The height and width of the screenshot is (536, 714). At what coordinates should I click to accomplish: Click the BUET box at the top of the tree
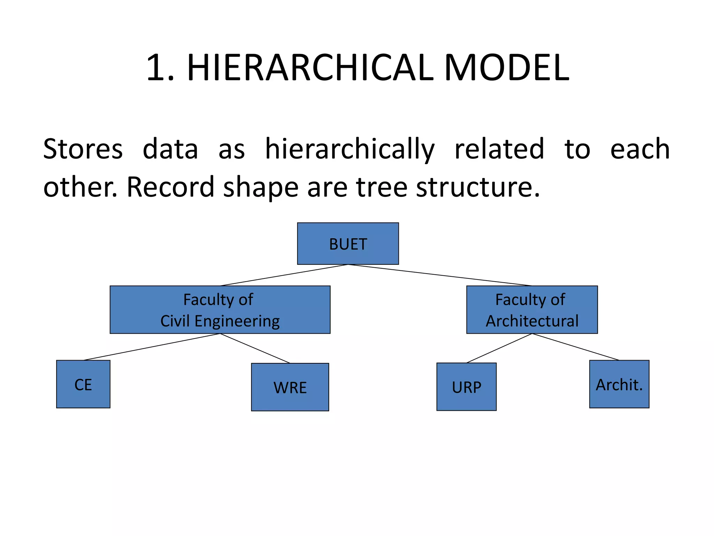[348, 244]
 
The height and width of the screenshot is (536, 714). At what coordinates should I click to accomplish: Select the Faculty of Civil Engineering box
[220, 310]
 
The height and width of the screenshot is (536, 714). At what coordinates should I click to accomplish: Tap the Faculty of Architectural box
[532, 310]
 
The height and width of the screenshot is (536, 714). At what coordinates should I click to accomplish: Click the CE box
[83, 384]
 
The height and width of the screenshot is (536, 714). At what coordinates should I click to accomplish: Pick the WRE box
[290, 387]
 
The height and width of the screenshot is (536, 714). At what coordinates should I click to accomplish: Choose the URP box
[466, 387]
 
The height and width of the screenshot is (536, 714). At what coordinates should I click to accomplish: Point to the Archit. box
[619, 384]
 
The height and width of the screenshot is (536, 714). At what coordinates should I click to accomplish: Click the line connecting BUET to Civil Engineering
[284, 275]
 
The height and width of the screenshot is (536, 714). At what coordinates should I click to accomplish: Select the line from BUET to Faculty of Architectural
[439, 275]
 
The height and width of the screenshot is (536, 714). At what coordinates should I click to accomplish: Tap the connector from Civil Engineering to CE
[152, 347]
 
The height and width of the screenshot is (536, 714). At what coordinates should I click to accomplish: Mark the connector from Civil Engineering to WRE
[255, 348]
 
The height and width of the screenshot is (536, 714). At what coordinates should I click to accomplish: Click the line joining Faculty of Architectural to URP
[499, 348]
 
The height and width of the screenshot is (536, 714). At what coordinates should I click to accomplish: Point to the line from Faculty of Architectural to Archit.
[575, 347]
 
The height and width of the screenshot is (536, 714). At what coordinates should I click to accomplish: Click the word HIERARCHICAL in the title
[310, 68]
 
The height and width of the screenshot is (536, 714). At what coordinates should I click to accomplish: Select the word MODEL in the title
[506, 68]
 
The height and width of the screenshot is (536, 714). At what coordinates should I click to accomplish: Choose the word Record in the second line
[170, 187]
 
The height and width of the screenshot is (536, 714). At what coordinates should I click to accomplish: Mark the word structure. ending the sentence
[478, 187]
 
